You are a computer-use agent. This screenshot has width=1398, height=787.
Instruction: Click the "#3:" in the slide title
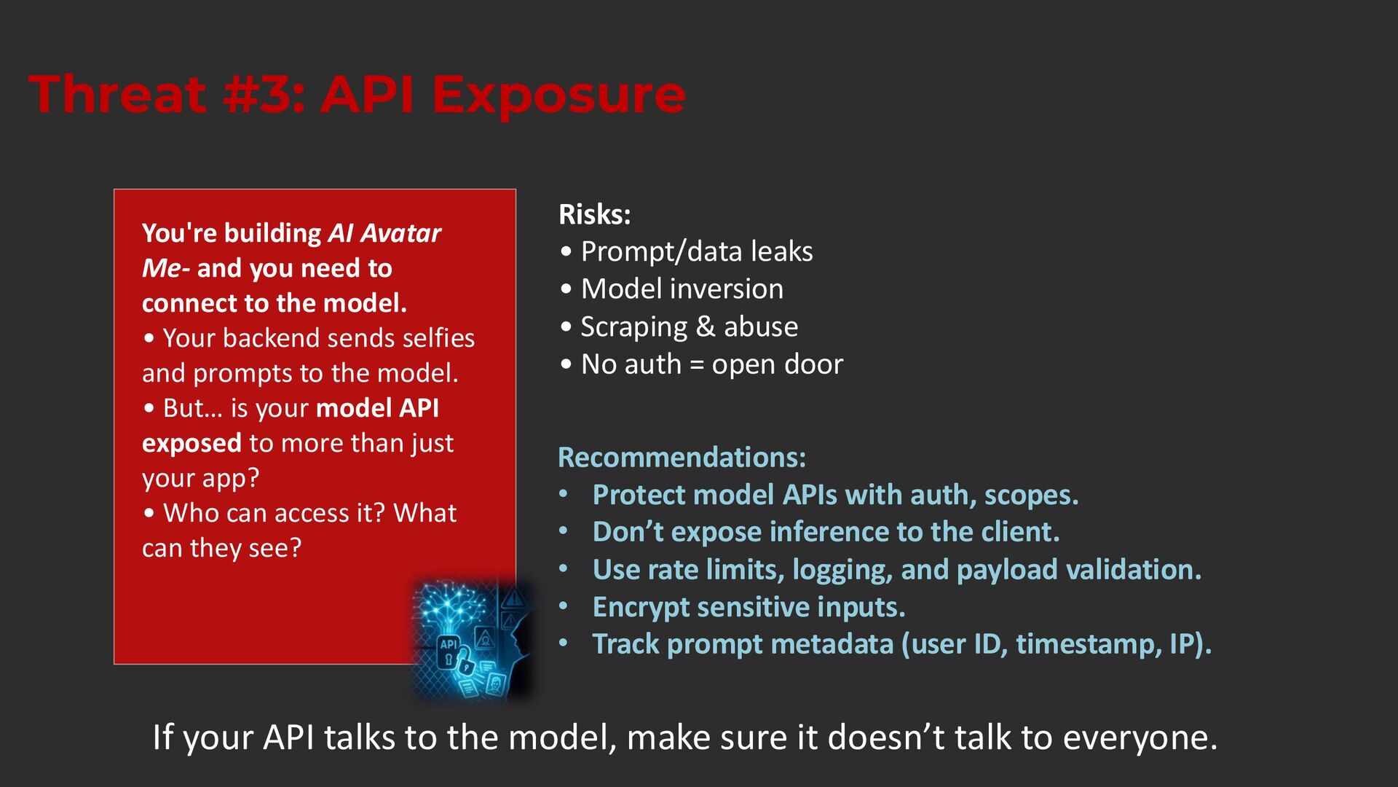click(x=264, y=95)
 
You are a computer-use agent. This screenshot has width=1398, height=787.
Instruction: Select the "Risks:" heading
click(x=595, y=214)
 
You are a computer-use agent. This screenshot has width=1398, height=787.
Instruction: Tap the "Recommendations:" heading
click(x=682, y=458)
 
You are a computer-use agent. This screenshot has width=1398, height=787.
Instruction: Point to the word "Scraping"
click(x=634, y=327)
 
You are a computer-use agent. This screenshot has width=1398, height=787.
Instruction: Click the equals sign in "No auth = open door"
click(x=697, y=364)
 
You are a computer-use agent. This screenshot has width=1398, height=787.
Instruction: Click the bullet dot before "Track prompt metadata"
click(x=563, y=643)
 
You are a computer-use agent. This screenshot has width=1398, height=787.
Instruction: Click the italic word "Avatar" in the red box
click(x=401, y=233)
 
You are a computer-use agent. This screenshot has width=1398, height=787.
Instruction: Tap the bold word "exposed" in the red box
click(x=191, y=444)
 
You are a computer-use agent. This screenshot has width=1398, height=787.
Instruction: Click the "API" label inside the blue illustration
click(x=449, y=644)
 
